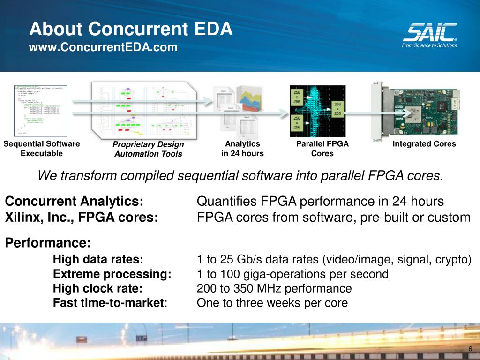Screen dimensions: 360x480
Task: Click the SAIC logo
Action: click(x=429, y=35)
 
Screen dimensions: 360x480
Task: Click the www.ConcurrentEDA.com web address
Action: click(x=104, y=47)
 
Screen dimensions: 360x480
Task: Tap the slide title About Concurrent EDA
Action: click(x=131, y=29)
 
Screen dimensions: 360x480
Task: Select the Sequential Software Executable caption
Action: click(x=42, y=149)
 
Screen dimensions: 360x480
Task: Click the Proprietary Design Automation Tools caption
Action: click(x=148, y=149)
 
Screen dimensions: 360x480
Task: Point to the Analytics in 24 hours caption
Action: click(x=242, y=149)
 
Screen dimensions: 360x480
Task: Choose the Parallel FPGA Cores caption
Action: click(x=322, y=149)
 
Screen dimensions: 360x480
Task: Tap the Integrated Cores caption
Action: click(x=424, y=144)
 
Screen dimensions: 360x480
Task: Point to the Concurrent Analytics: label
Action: click(x=74, y=202)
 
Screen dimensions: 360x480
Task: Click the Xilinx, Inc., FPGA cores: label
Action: click(x=82, y=217)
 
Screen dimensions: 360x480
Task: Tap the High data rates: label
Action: click(x=98, y=260)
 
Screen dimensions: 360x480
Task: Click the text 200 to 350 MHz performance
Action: click(x=274, y=288)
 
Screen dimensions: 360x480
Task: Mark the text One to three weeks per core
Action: click(x=272, y=303)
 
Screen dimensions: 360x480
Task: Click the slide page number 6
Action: click(x=470, y=349)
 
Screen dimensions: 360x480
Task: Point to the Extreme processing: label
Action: click(x=112, y=274)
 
